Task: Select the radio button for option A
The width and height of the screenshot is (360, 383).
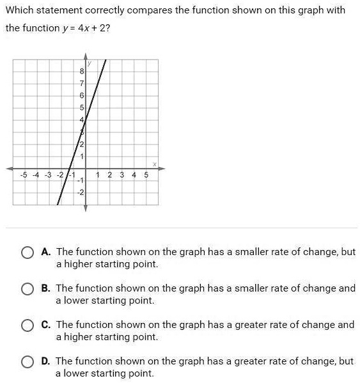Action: click(x=27, y=253)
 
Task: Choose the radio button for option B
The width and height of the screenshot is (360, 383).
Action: click(x=27, y=289)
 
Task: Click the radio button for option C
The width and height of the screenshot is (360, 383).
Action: click(x=27, y=325)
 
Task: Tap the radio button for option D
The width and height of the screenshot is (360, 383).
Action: click(x=27, y=362)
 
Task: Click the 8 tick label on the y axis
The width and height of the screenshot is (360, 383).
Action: click(x=81, y=72)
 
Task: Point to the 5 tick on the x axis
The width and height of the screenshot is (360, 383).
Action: click(x=146, y=175)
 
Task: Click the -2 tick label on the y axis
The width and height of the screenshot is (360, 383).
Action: click(x=81, y=192)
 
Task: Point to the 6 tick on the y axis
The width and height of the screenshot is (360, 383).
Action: click(x=81, y=96)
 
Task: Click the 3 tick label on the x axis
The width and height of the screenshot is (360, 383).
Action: click(x=121, y=175)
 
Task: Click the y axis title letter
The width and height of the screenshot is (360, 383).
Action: click(x=90, y=63)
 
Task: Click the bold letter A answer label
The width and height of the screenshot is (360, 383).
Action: click(x=45, y=252)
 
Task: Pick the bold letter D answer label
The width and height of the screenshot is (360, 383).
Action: click(x=45, y=361)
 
